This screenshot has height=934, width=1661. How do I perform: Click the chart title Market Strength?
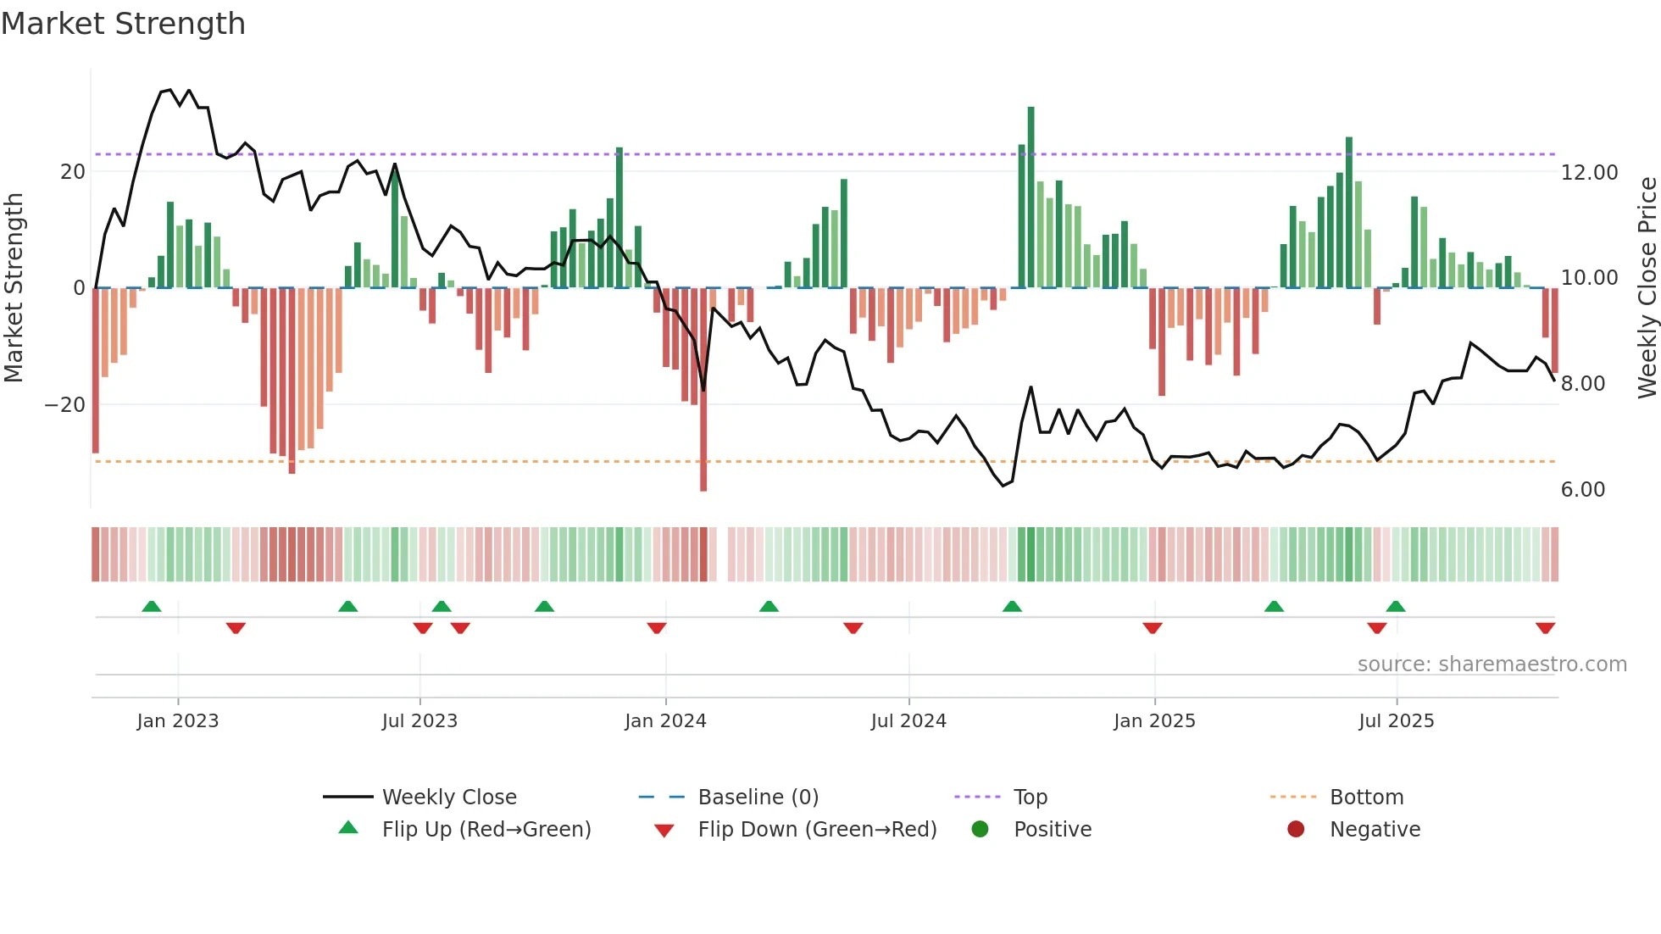123,24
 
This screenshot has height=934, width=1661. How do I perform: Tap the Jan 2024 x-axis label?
665,721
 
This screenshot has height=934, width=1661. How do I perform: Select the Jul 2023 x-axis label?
419,721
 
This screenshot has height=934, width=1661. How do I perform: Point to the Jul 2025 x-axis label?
1396,721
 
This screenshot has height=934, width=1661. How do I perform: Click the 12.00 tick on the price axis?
1589,172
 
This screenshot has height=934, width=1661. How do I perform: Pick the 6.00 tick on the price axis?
1582,490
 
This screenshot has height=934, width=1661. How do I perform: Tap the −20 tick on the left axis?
65,405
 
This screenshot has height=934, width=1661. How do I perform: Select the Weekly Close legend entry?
448,798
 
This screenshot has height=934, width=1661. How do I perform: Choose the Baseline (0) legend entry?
758,798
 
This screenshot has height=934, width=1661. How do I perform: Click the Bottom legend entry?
1366,798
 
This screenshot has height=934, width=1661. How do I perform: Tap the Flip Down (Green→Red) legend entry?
816,830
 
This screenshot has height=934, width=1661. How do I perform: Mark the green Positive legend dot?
980,830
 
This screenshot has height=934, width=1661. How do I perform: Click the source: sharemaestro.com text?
1492,664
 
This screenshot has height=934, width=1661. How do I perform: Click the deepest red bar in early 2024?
703,390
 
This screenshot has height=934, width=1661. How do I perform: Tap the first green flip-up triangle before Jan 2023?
152,606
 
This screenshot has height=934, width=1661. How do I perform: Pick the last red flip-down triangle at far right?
1545,628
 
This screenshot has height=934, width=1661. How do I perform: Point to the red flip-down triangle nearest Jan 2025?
1153,628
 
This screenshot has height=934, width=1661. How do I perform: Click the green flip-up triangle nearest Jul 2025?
1396,606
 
